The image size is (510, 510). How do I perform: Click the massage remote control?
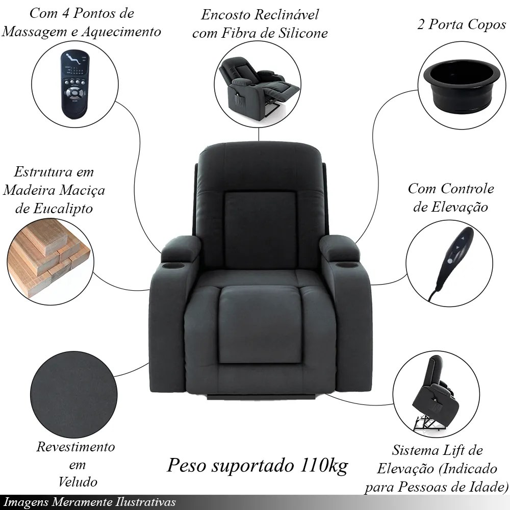coord(75,84)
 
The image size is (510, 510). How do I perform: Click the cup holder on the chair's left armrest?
coord(173,266)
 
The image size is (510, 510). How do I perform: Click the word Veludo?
coord(78,482)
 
